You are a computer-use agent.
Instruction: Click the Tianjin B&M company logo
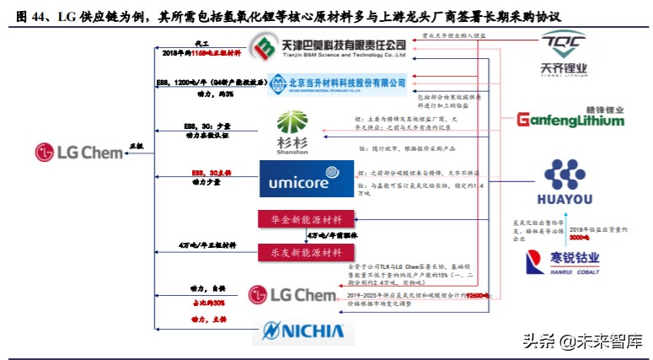tap(330, 48)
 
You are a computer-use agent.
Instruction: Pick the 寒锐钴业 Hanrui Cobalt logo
tap(555, 258)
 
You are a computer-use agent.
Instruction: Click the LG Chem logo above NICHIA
tap(292, 294)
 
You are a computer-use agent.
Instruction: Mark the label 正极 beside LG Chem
tap(136, 147)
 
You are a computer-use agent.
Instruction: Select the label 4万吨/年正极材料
tap(207, 245)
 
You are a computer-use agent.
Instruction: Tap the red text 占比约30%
tap(207, 302)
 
